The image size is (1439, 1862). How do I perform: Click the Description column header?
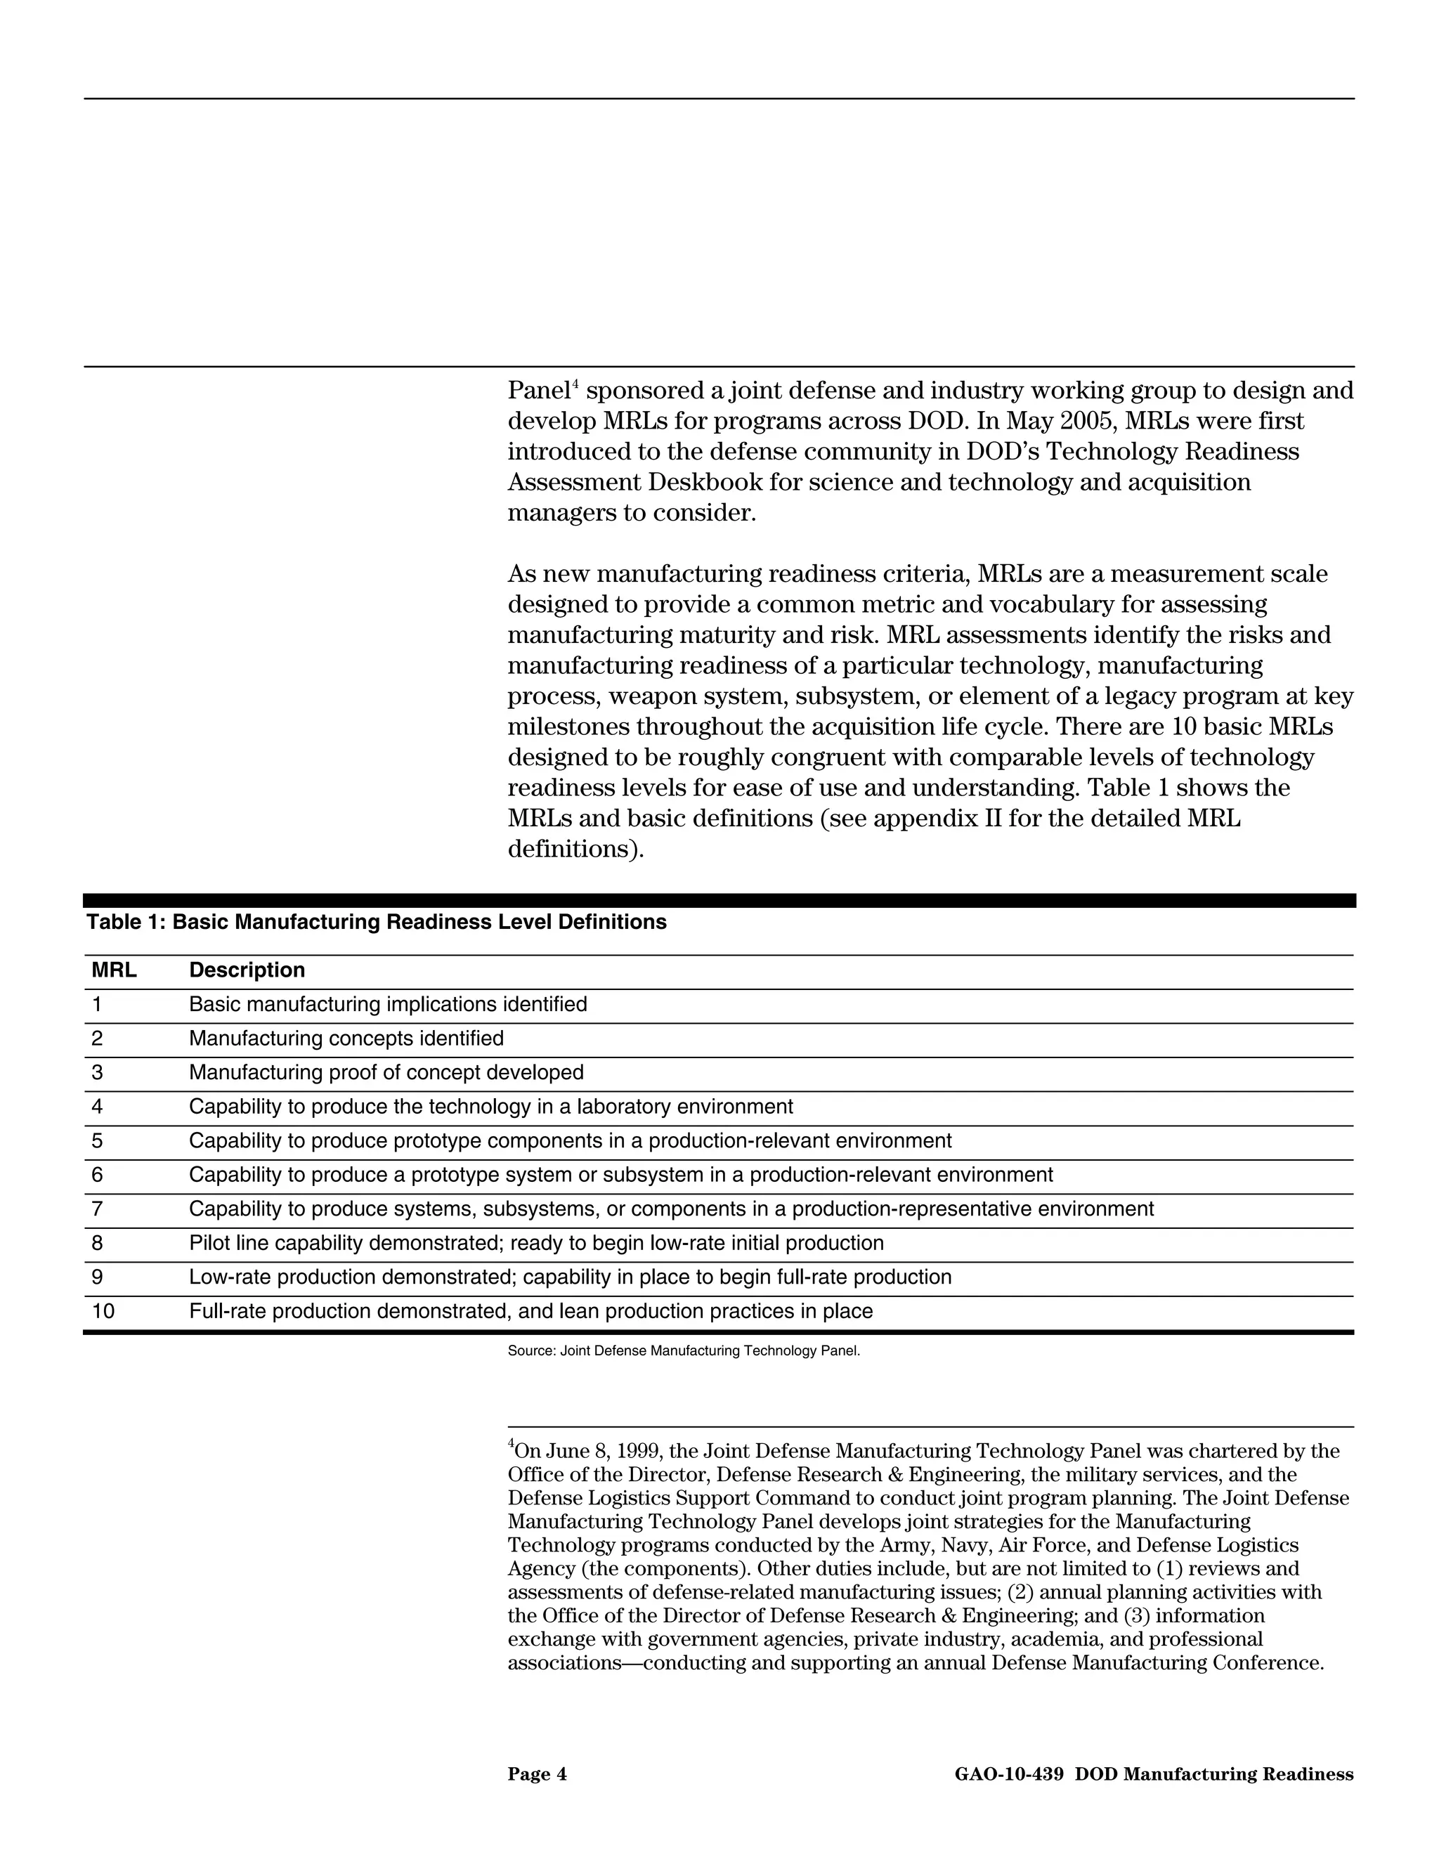tap(247, 970)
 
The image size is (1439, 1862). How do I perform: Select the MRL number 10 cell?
tap(103, 1311)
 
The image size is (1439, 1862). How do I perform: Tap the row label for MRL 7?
tap(97, 1209)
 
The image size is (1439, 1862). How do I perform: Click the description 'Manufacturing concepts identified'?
tap(346, 1039)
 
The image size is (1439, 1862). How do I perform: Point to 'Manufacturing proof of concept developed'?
tap(386, 1072)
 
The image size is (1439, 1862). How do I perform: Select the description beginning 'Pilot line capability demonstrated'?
tap(536, 1243)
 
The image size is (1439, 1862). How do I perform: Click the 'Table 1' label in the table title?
tap(124, 923)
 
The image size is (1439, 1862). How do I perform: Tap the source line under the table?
tap(684, 1351)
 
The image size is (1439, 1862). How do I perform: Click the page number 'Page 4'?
tap(537, 1775)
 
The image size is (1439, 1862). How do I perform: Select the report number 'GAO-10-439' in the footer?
tap(1008, 1775)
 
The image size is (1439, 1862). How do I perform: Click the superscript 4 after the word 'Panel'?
tap(575, 385)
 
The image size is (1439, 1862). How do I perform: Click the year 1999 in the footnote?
tap(639, 1452)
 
